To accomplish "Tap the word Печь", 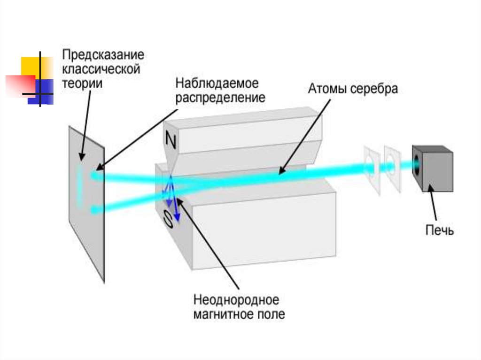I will [x=439, y=230].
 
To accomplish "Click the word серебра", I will [x=373, y=89].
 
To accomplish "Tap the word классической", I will [x=101, y=69].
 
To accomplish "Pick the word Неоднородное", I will [x=236, y=299].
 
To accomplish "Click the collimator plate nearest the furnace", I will [x=392, y=166].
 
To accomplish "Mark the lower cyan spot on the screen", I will [x=95, y=209].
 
